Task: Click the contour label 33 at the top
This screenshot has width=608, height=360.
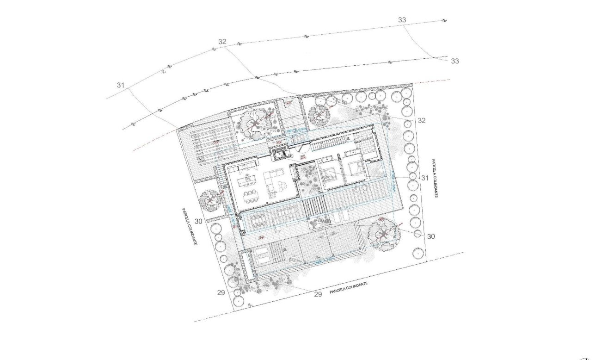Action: coord(402,20)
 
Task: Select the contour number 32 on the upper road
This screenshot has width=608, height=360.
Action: coord(222,42)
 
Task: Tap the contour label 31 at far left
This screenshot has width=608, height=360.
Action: coord(121,85)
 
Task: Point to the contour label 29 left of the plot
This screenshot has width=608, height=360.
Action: coord(221,292)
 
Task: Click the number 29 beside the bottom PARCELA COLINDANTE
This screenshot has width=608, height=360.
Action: coord(318,294)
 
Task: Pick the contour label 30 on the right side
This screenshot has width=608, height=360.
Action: coord(431,236)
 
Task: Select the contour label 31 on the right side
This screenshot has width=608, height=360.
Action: coord(425,178)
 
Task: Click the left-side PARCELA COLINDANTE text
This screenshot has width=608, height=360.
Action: coord(190,226)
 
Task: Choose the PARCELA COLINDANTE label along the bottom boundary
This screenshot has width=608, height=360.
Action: coord(349,289)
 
